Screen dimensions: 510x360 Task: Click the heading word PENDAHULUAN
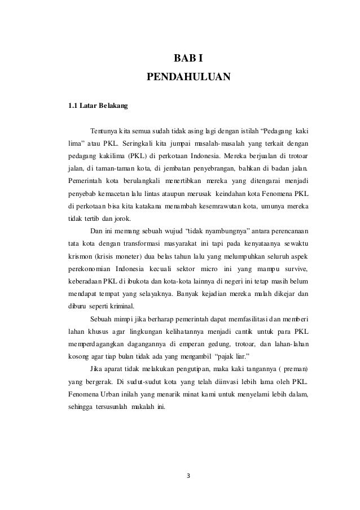188,77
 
